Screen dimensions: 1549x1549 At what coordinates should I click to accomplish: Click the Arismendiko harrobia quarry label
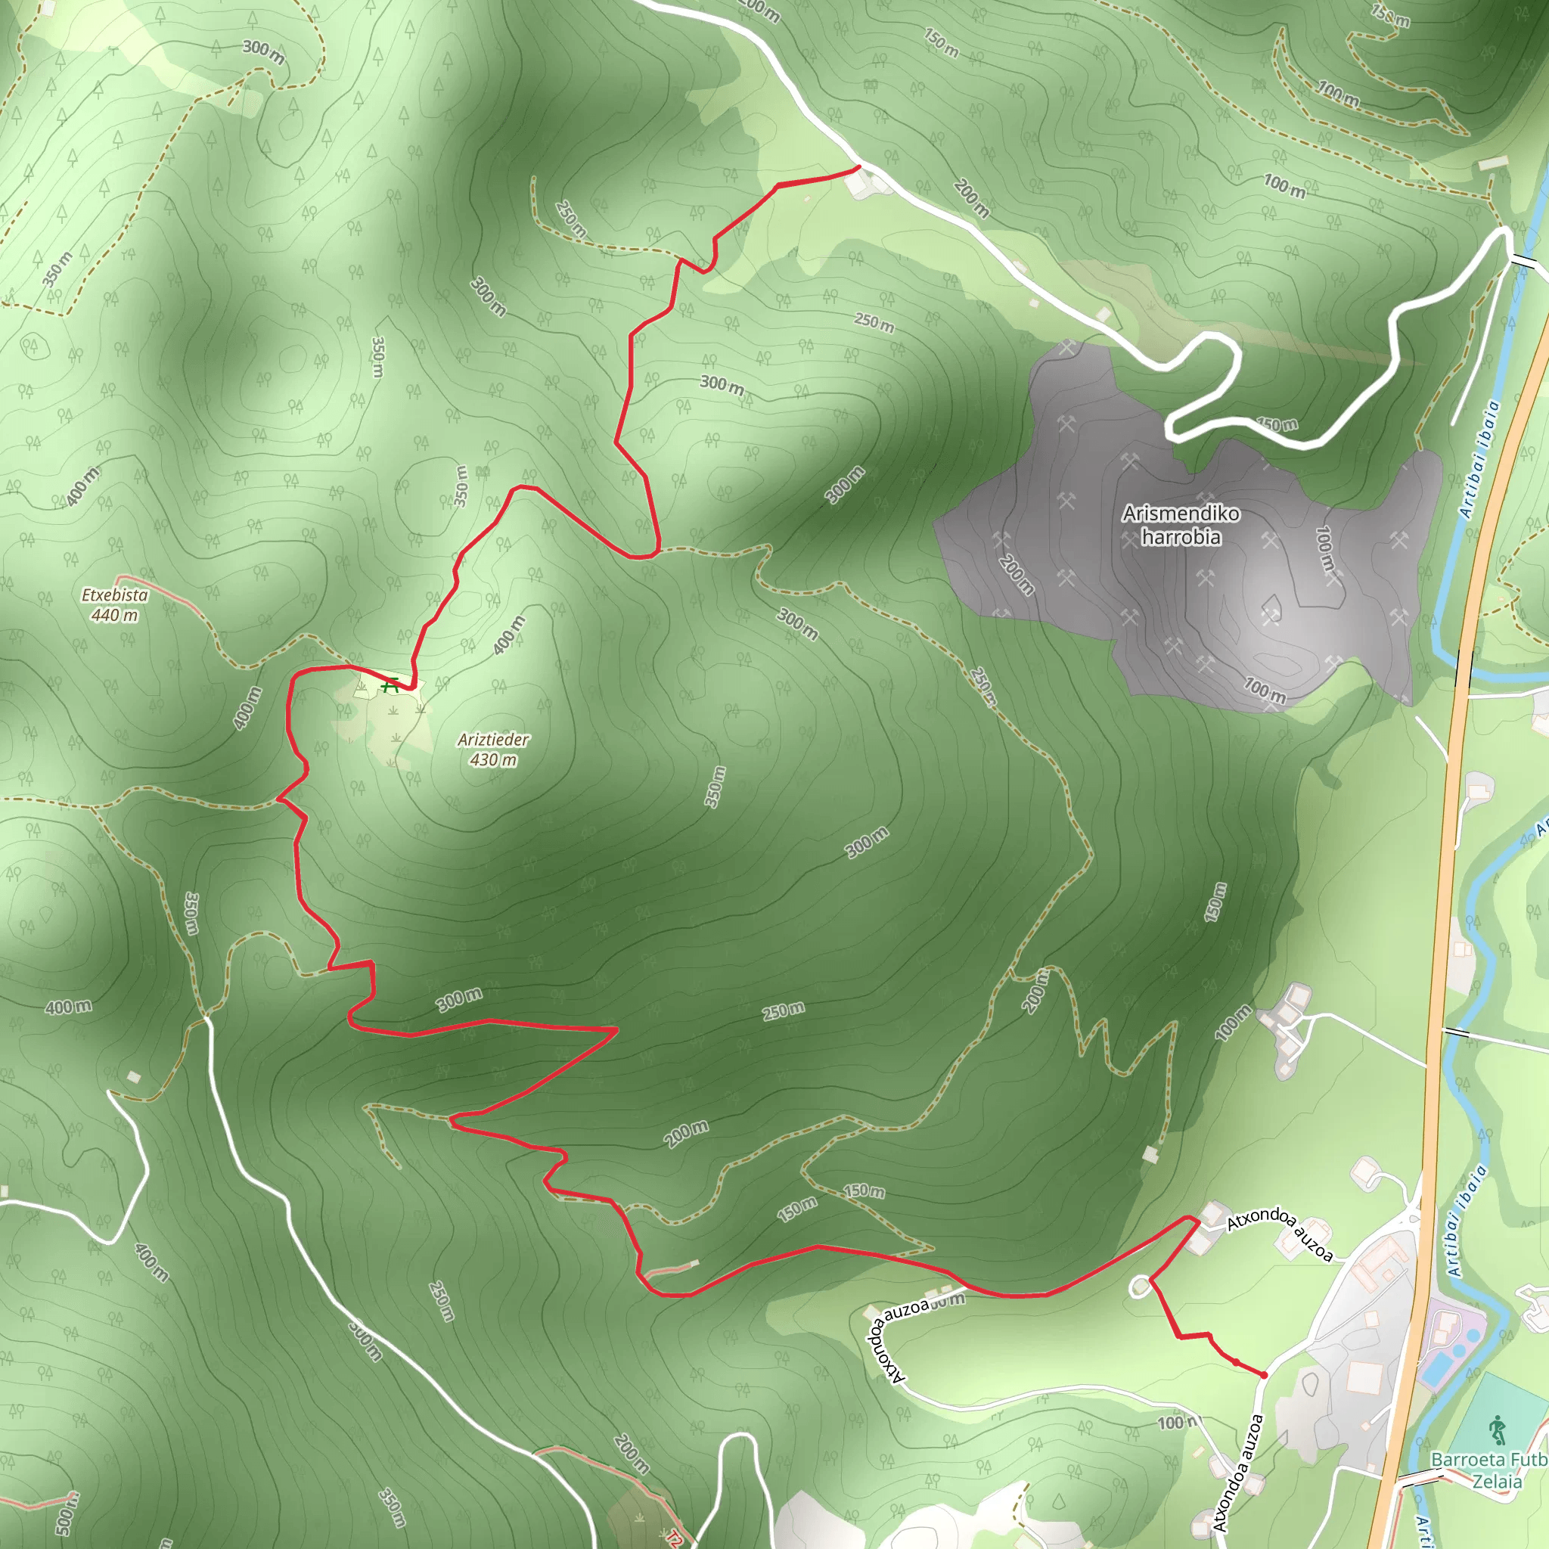click(x=1181, y=525)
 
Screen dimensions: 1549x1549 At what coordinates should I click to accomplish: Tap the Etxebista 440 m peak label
click(x=115, y=604)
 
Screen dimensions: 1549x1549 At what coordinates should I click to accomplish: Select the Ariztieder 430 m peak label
click(x=493, y=749)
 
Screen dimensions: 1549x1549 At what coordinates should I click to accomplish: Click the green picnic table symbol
click(x=390, y=685)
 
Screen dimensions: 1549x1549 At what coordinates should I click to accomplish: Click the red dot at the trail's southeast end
click(x=1265, y=1374)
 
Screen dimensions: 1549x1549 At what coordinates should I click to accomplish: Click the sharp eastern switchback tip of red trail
click(x=615, y=1029)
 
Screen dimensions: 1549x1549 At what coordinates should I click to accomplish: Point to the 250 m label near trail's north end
click(x=571, y=218)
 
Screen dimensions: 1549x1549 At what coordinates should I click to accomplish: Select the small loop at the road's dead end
click(x=1139, y=1287)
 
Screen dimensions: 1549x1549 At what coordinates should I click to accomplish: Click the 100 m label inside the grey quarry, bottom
click(x=1265, y=691)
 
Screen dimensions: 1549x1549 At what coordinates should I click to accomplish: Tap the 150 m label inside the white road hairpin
click(x=1277, y=424)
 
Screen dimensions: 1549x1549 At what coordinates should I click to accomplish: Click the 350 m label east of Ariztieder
click(x=716, y=787)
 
